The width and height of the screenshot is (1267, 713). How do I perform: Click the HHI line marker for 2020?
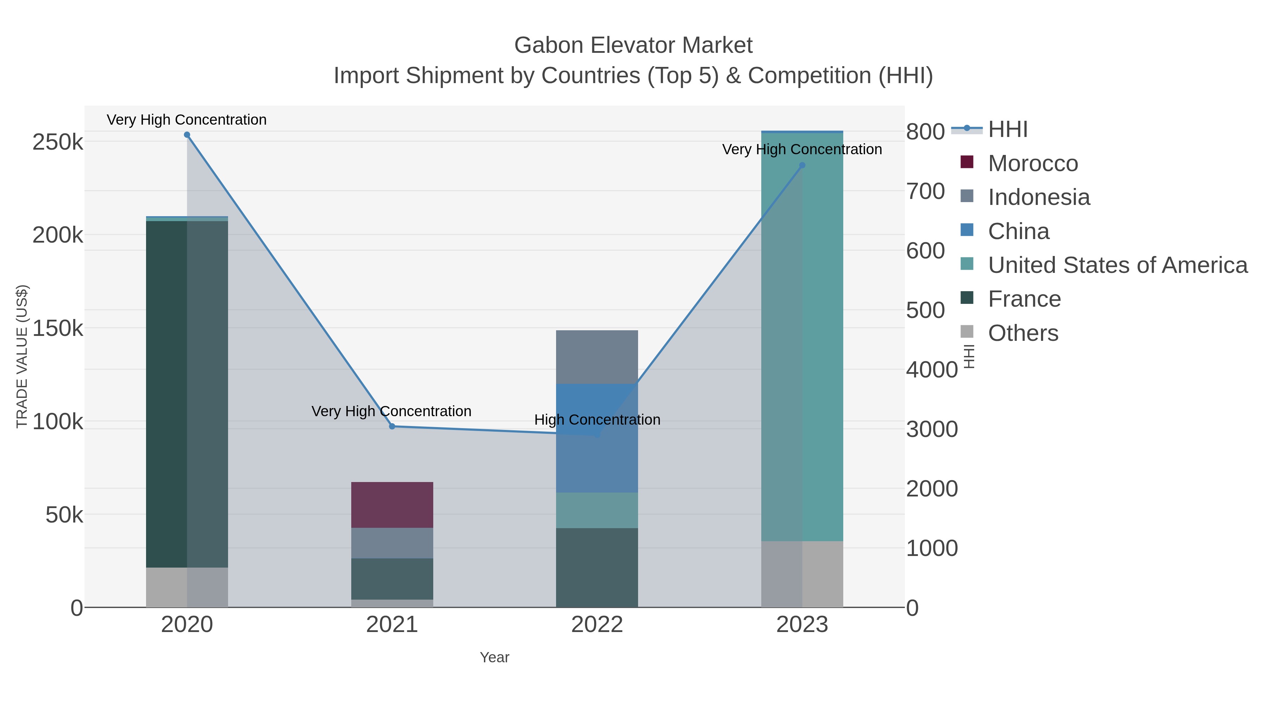(x=187, y=135)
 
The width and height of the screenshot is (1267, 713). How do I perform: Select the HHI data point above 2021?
(x=392, y=426)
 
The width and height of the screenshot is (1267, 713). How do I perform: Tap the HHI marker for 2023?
(x=802, y=165)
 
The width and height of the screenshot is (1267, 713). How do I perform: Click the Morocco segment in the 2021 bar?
(x=392, y=505)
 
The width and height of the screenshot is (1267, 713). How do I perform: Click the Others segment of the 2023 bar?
(x=802, y=574)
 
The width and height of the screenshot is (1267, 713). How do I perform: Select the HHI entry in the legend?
(x=1007, y=130)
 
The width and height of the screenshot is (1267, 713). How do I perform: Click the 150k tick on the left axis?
(x=58, y=328)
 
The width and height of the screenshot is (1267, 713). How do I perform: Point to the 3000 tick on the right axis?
(x=932, y=429)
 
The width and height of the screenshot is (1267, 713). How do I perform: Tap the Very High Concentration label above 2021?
(x=391, y=411)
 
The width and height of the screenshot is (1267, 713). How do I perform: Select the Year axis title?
(x=494, y=657)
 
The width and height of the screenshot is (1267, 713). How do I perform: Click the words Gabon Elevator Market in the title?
(x=633, y=45)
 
